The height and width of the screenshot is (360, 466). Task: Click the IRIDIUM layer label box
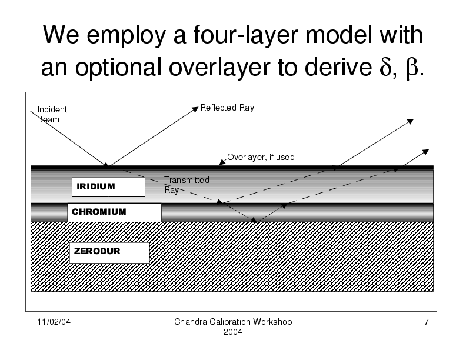[x=108, y=186]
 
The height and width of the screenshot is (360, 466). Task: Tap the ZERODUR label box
[x=109, y=252]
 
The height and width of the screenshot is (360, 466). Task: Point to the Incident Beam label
[x=52, y=114]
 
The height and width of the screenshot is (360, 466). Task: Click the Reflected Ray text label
[x=227, y=108]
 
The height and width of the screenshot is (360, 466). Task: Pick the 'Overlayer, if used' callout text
[x=261, y=157]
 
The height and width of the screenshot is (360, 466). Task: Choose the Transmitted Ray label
[x=187, y=185]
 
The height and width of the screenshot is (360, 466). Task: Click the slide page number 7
[x=425, y=322]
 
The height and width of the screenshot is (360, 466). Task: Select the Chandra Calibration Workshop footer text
[x=234, y=322]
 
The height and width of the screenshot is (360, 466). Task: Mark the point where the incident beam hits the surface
[x=106, y=166]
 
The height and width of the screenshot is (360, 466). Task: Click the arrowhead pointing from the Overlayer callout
[x=221, y=163]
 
